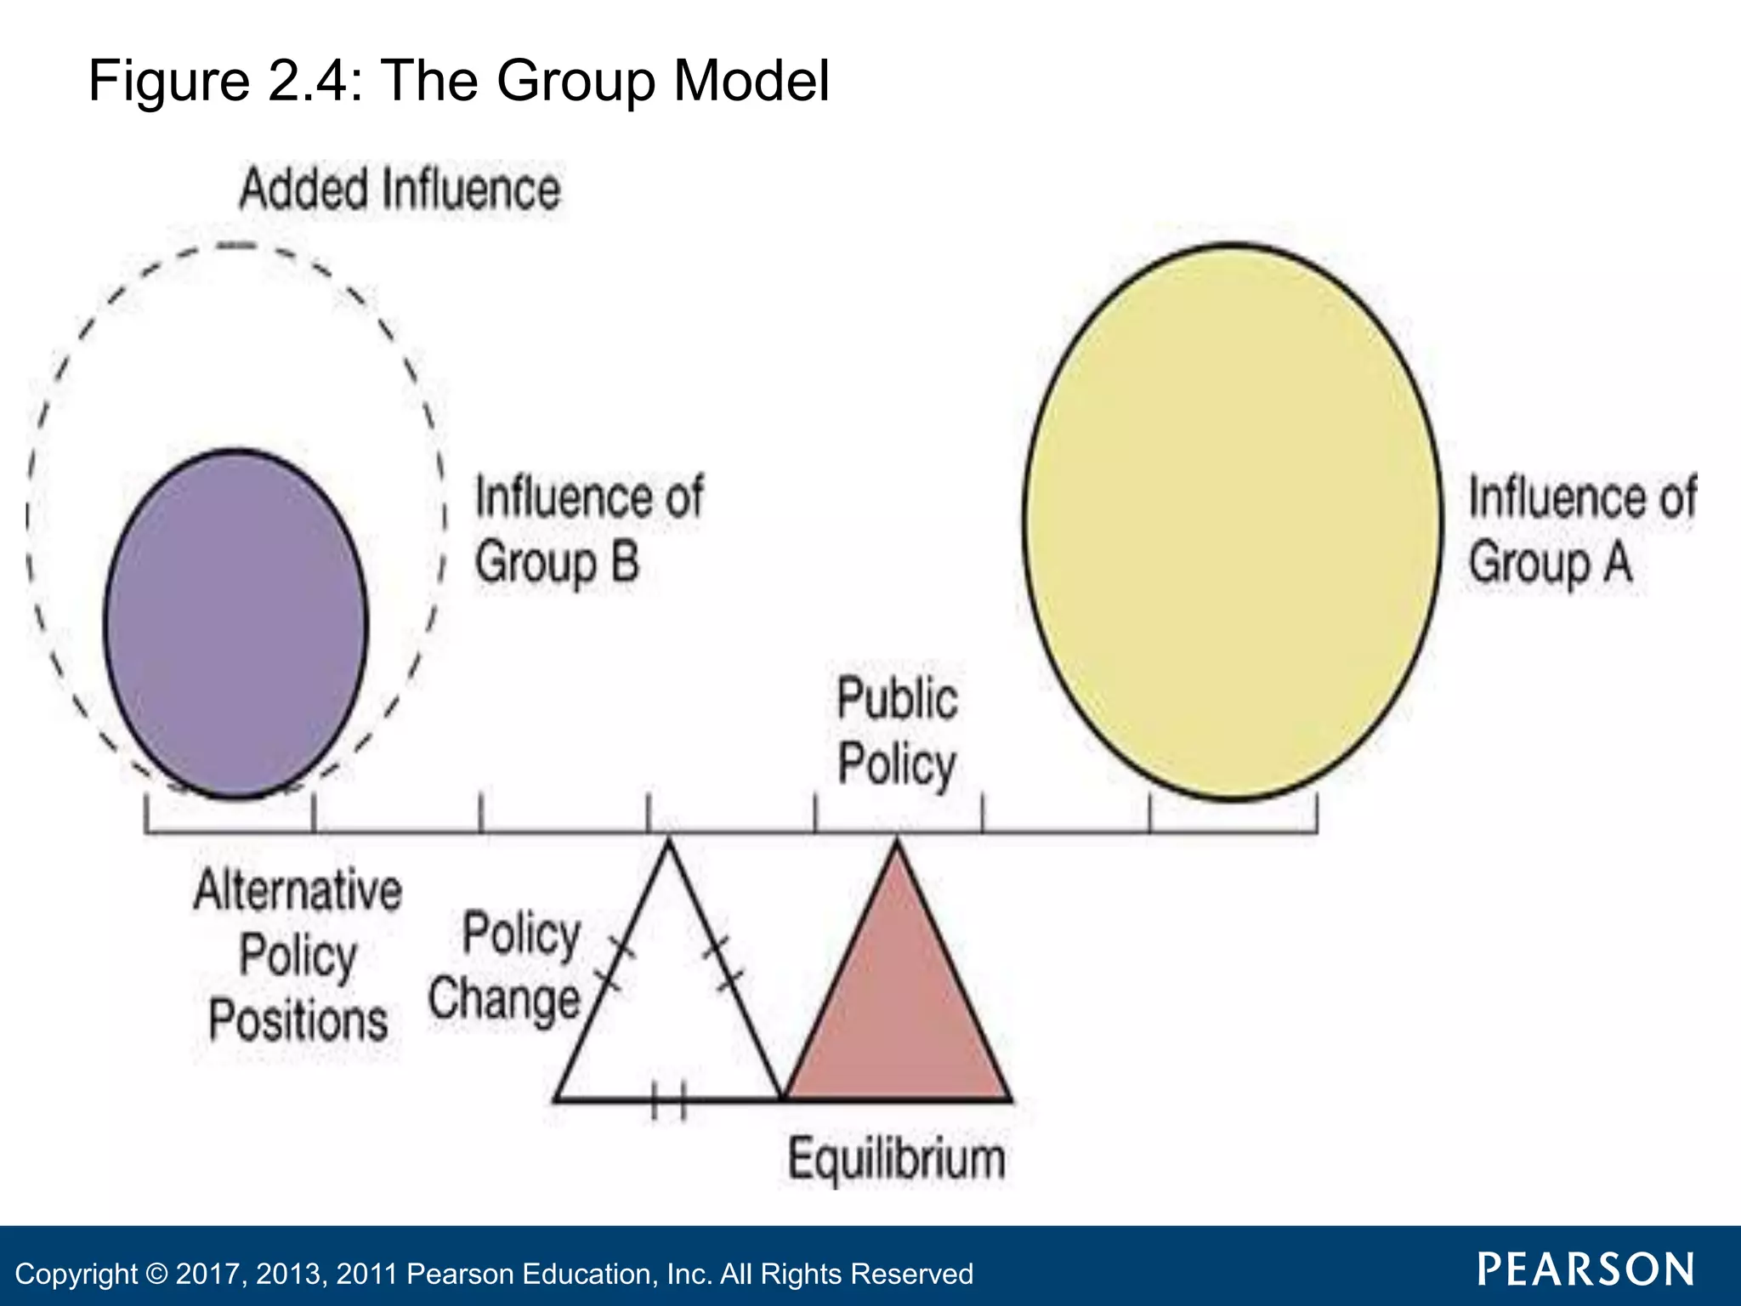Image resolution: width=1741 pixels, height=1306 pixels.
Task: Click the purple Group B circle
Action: pyautogui.click(x=236, y=623)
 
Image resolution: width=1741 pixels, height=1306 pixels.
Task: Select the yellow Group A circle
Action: pyautogui.click(x=1233, y=521)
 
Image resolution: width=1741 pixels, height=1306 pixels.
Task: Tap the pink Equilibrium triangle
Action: pyautogui.click(x=897, y=1012)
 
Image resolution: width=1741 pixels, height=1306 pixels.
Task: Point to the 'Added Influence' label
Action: pyautogui.click(x=400, y=189)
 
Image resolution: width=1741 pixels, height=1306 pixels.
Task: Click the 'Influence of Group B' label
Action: pyautogui.click(x=588, y=530)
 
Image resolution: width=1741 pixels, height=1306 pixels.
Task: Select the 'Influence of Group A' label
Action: pyautogui.click(x=1581, y=530)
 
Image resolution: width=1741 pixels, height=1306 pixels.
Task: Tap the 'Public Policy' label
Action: pyautogui.click(x=897, y=731)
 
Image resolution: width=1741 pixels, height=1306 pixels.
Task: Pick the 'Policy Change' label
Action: pyautogui.click(x=507, y=967)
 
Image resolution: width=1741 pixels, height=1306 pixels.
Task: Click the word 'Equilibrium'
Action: pyautogui.click(x=896, y=1158)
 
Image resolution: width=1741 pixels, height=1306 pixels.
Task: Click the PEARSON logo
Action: pyautogui.click(x=1585, y=1269)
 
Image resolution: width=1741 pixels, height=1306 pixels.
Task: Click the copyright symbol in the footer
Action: pyautogui.click(x=156, y=1274)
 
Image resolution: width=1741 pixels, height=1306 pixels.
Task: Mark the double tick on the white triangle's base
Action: pyautogui.click(x=669, y=1100)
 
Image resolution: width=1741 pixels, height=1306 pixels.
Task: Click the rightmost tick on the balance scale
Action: pyautogui.click(x=1316, y=813)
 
